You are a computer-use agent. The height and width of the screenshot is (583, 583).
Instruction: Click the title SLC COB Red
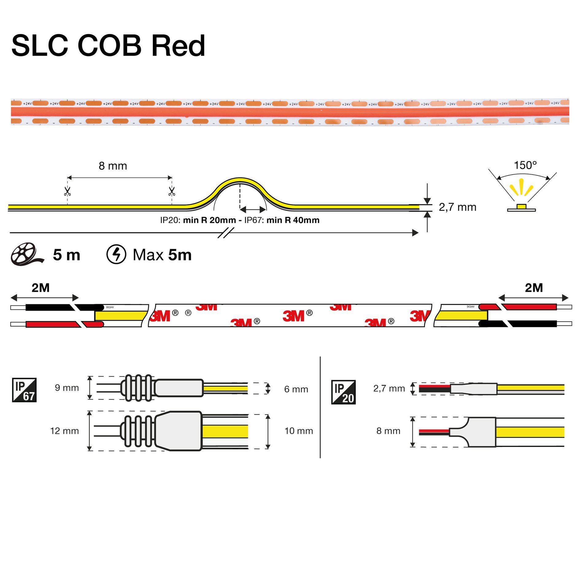108,46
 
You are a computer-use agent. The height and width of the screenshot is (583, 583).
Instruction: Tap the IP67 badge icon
24,390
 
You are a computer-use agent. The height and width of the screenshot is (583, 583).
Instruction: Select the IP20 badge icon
343,392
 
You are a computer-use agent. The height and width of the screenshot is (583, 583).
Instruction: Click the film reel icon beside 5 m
26,254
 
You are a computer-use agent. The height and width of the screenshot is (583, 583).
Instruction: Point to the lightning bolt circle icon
116,254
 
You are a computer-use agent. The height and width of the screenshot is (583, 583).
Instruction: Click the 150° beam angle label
525,165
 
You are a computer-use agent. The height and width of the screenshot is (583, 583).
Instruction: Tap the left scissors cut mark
68,192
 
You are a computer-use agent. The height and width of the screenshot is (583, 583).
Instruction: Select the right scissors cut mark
172,192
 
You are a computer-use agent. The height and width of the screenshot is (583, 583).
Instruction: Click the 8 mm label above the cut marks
113,166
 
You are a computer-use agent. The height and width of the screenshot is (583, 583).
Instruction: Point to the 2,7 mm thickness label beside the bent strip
458,207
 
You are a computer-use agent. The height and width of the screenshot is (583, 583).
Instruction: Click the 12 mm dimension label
64,431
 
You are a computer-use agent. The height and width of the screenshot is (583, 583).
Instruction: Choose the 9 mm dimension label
67,388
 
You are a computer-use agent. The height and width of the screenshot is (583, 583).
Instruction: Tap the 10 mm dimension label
299,431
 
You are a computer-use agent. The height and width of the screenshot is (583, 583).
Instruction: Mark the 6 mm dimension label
296,389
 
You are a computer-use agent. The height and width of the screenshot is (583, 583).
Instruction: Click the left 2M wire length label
41,288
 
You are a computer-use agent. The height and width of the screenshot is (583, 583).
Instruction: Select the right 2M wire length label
534,288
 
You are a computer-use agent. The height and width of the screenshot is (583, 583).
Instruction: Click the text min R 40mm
293,220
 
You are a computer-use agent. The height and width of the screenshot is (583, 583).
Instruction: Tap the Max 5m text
162,255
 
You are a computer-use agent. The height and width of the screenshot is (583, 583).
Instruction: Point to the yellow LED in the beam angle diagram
521,206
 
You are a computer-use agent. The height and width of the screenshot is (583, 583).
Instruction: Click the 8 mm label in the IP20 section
388,431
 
